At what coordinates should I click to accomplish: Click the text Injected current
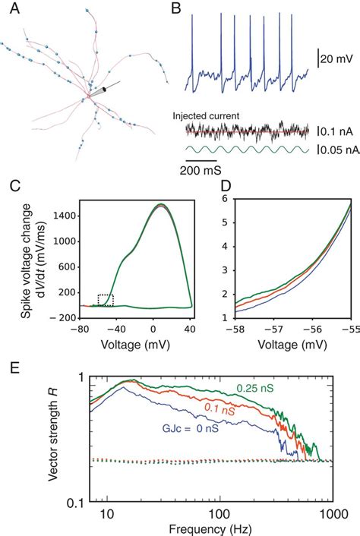[207, 116]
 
